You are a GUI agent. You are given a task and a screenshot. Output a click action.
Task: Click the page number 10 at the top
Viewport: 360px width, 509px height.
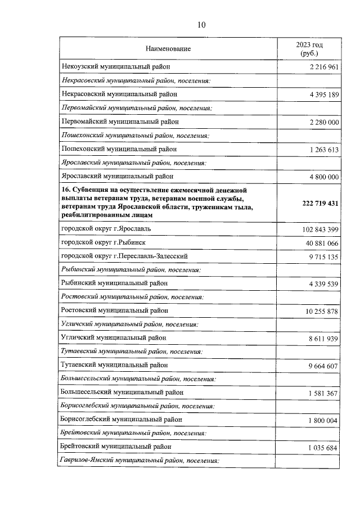pos(201,24)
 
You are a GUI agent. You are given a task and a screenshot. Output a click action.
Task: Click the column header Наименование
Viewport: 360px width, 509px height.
pos(168,49)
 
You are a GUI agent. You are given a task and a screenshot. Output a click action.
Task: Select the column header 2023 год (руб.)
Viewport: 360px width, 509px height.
pos(309,49)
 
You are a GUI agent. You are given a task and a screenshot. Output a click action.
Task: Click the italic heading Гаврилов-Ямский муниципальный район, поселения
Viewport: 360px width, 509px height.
pos(138,461)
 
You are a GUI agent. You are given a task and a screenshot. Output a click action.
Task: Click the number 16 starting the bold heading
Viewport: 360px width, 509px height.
pos(64,190)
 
